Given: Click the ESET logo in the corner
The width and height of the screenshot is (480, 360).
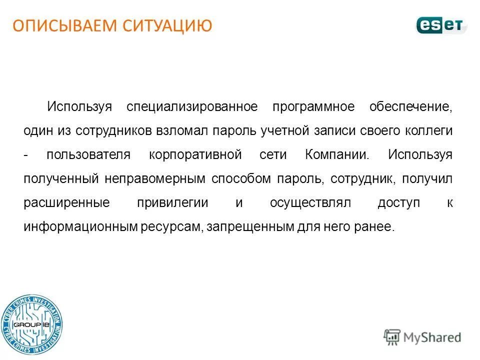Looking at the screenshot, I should (x=441, y=24).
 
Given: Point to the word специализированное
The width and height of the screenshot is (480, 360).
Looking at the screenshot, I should (x=192, y=107).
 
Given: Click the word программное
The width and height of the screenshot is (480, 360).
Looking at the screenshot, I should (x=313, y=107).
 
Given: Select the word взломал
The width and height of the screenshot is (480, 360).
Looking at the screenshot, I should (x=184, y=130).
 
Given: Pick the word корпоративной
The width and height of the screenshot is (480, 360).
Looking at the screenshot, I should (x=195, y=154).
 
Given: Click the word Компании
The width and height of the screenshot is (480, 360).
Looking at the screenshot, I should (x=337, y=154).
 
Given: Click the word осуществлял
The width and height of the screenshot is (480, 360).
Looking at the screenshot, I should (x=311, y=202).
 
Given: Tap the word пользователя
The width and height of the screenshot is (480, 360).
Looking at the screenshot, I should (x=88, y=154).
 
